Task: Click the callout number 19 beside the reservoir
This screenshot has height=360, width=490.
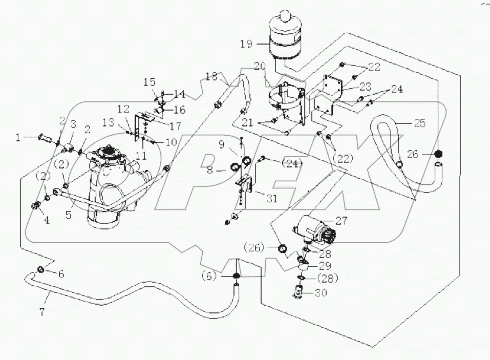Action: point(246,44)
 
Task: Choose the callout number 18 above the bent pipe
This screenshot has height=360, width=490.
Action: point(211,77)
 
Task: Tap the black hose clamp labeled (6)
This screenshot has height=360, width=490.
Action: point(236,276)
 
